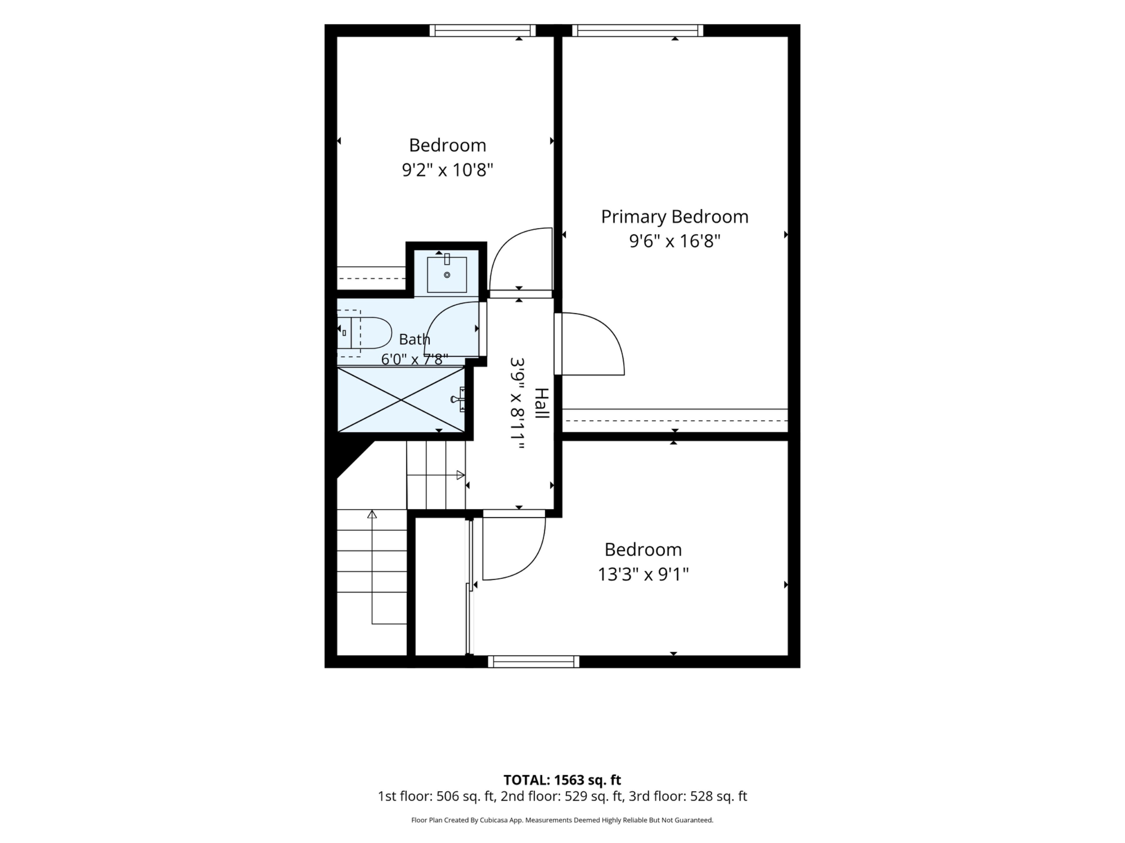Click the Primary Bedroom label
pyautogui.click(x=674, y=217)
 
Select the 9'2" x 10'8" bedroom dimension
pyautogui.click(x=448, y=170)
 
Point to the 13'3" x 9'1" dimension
pyautogui.click(x=643, y=574)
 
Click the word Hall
pyautogui.click(x=542, y=403)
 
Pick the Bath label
pyautogui.click(x=415, y=339)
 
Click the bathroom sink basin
pyautogui.click(x=446, y=274)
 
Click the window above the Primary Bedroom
pyautogui.click(x=638, y=30)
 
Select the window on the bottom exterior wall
pyautogui.click(x=533, y=662)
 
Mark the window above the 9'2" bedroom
pyautogui.click(x=483, y=30)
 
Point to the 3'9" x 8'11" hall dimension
pyautogui.click(x=517, y=403)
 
